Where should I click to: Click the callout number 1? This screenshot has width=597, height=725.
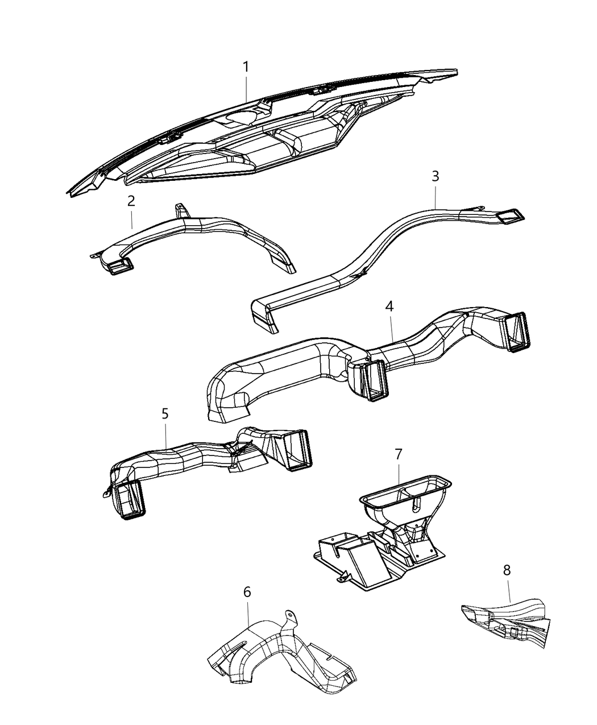(246, 67)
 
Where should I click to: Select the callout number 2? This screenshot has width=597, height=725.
(131, 201)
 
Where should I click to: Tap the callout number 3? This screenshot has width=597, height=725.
(435, 176)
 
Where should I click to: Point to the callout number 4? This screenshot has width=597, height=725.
(389, 306)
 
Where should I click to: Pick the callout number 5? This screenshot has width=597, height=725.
(165, 413)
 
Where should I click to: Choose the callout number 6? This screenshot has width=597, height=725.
(247, 592)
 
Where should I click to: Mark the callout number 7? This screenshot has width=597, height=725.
(398, 454)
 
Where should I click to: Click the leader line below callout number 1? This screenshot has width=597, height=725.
(246, 89)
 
